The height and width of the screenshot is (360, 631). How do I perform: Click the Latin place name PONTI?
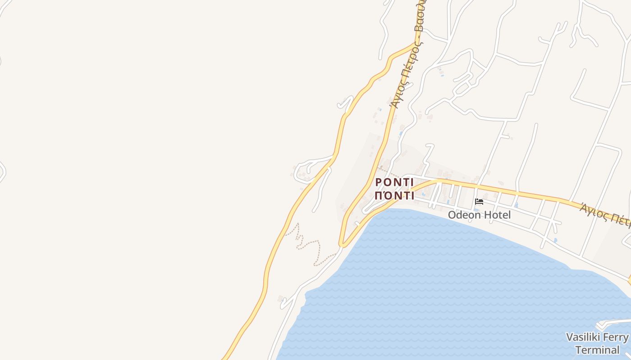click(x=394, y=182)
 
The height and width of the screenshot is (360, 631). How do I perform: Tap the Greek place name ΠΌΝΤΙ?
click(x=394, y=196)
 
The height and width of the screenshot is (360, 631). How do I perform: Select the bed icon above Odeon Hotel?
click(x=479, y=202)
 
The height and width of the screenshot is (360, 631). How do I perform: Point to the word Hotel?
click(x=496, y=215)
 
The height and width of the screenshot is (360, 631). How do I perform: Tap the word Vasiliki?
click(x=585, y=337)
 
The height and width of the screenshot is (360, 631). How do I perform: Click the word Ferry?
click(x=617, y=337)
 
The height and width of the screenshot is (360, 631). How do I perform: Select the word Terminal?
click(x=597, y=350)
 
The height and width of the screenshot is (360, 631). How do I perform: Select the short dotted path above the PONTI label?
click(x=388, y=171)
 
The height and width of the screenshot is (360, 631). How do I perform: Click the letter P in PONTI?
click(x=379, y=182)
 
